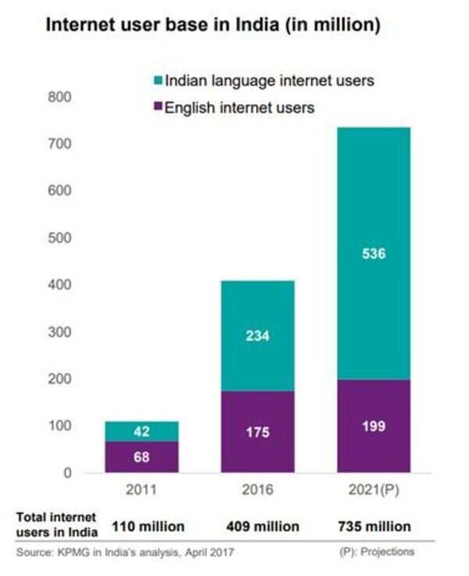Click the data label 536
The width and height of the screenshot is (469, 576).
[373, 253]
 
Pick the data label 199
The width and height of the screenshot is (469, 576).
[373, 427]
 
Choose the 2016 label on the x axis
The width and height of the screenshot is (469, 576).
[257, 491]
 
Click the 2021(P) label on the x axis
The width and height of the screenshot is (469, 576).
[373, 491]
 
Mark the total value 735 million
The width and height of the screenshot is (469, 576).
[373, 527]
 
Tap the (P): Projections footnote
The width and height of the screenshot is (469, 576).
[377, 552]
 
